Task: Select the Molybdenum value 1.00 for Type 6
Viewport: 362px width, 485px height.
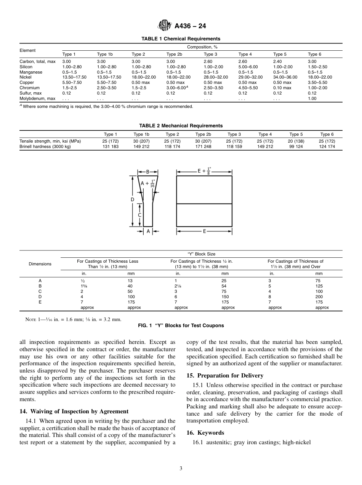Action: pyautogui.click(x=312, y=98)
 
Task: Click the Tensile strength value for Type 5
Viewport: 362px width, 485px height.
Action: pyautogui.click(x=294, y=141)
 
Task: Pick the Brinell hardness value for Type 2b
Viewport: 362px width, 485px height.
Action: pyautogui.click(x=203, y=146)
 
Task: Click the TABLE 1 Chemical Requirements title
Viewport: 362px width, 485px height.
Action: pyautogui.click(x=181, y=39)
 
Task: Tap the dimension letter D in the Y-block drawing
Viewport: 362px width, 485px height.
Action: pyautogui.click(x=133, y=199)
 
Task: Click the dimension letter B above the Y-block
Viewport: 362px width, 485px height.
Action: pyautogui.click(x=148, y=172)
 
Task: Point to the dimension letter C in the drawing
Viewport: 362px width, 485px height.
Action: pyautogui.click(x=140, y=215)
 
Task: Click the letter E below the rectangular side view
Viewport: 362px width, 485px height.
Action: pyautogui.click(x=204, y=231)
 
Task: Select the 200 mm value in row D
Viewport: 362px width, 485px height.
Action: pyautogui.click(x=319, y=297)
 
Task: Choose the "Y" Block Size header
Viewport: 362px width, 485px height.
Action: pyautogui.click(x=202, y=254)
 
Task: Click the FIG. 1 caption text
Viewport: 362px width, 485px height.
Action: pyautogui.click(x=181, y=326)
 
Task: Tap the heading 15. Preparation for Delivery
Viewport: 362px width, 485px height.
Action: pyautogui.click(x=225, y=376)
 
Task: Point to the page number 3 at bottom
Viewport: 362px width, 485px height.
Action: pyautogui.click(x=181, y=469)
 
